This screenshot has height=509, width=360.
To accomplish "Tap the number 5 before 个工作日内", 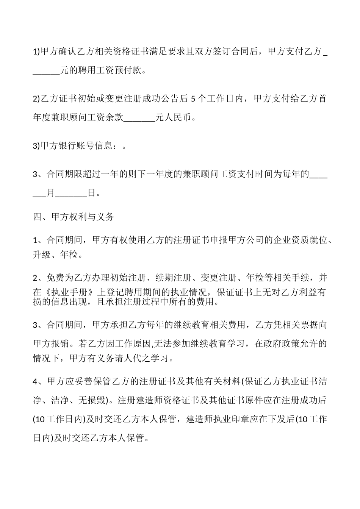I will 193,99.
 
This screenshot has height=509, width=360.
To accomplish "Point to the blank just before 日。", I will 72,193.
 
